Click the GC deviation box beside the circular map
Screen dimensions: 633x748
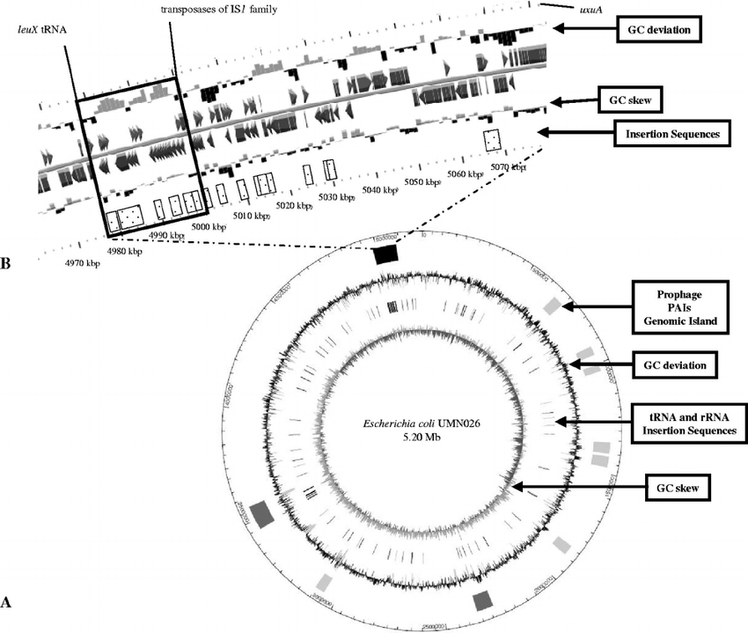(x=673, y=363)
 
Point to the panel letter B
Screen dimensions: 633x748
(x=7, y=261)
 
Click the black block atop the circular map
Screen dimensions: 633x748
(x=386, y=254)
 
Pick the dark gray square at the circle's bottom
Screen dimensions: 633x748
(x=482, y=600)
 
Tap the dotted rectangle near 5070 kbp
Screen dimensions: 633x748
(x=492, y=140)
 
